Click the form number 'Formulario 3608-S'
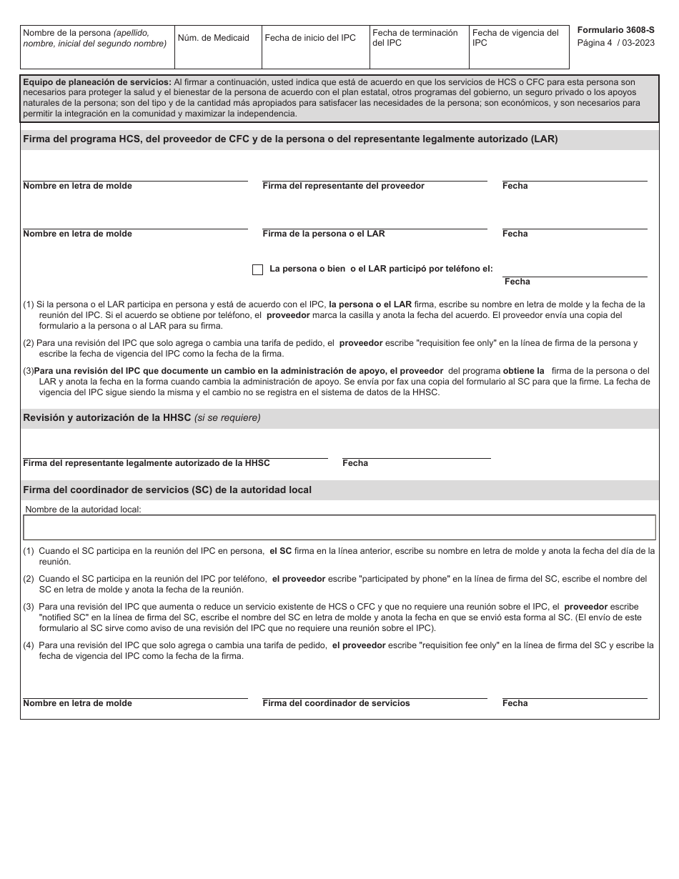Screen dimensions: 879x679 (x=615, y=30)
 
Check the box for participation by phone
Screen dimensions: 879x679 (x=258, y=269)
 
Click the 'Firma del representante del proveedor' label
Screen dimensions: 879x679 (x=343, y=186)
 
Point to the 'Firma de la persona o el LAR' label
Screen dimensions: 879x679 (x=323, y=234)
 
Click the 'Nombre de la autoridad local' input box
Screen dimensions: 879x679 (x=339, y=527)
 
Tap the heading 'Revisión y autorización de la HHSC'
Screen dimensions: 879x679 (x=107, y=418)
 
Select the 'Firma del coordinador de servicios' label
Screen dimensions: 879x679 (x=336, y=703)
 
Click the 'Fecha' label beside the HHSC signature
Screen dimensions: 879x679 (x=355, y=463)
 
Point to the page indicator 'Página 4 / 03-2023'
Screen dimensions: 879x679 (x=615, y=43)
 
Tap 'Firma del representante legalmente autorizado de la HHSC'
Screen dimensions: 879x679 (x=147, y=463)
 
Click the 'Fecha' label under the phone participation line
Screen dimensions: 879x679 (x=517, y=282)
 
